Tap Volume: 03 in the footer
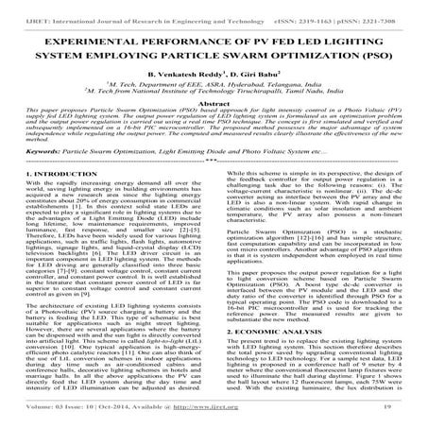[39, 419]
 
